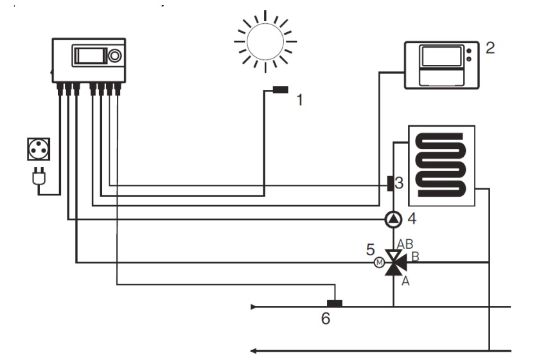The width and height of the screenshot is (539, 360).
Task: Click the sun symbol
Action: (x=265, y=41)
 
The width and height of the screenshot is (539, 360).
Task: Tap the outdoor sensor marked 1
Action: (x=280, y=90)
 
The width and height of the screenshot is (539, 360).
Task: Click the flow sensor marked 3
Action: (x=389, y=184)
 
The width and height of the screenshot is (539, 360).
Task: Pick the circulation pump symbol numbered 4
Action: (x=393, y=220)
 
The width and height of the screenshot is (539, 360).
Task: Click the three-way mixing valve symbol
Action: (x=393, y=262)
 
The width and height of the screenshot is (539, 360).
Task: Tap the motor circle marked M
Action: (x=378, y=262)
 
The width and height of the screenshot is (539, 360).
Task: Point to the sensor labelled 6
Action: (x=334, y=303)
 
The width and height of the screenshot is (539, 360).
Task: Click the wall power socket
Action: (x=37, y=149)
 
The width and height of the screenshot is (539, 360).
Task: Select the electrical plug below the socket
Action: (x=37, y=172)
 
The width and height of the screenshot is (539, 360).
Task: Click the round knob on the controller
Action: (x=115, y=56)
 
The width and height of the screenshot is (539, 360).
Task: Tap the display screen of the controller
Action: (x=90, y=55)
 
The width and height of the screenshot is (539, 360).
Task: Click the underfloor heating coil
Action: (x=439, y=165)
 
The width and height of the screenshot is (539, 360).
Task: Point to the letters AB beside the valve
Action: (x=405, y=244)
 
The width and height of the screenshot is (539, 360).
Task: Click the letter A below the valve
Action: (x=404, y=280)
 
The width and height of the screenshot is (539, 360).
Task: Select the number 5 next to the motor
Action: (x=370, y=249)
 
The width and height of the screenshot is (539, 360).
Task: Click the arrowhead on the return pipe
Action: (x=254, y=350)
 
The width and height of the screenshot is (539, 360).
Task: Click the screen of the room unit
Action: (x=441, y=57)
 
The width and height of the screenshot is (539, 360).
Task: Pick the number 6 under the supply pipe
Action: (x=326, y=318)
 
